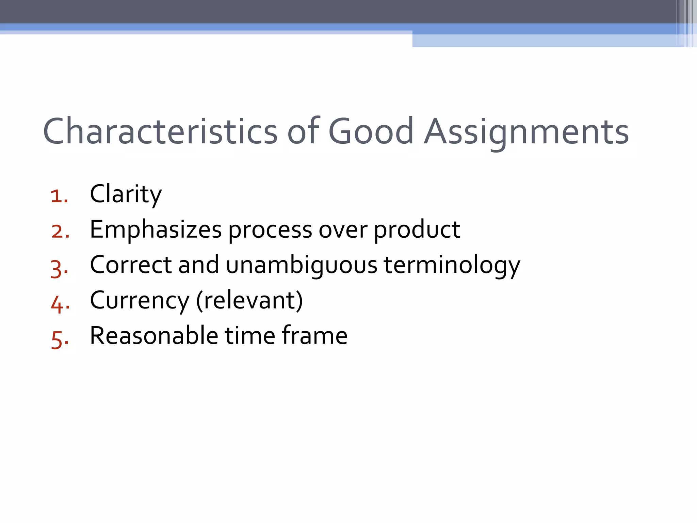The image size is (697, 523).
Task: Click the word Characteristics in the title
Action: point(160,131)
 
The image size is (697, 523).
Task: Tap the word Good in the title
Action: point(371,131)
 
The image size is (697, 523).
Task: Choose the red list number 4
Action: point(60,303)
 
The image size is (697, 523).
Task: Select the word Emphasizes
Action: point(156,230)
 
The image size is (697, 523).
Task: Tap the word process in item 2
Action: point(270,230)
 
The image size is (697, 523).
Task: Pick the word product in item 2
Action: point(417,230)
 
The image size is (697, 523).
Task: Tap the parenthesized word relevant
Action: point(249,300)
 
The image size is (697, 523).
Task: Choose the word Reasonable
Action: point(154,336)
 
